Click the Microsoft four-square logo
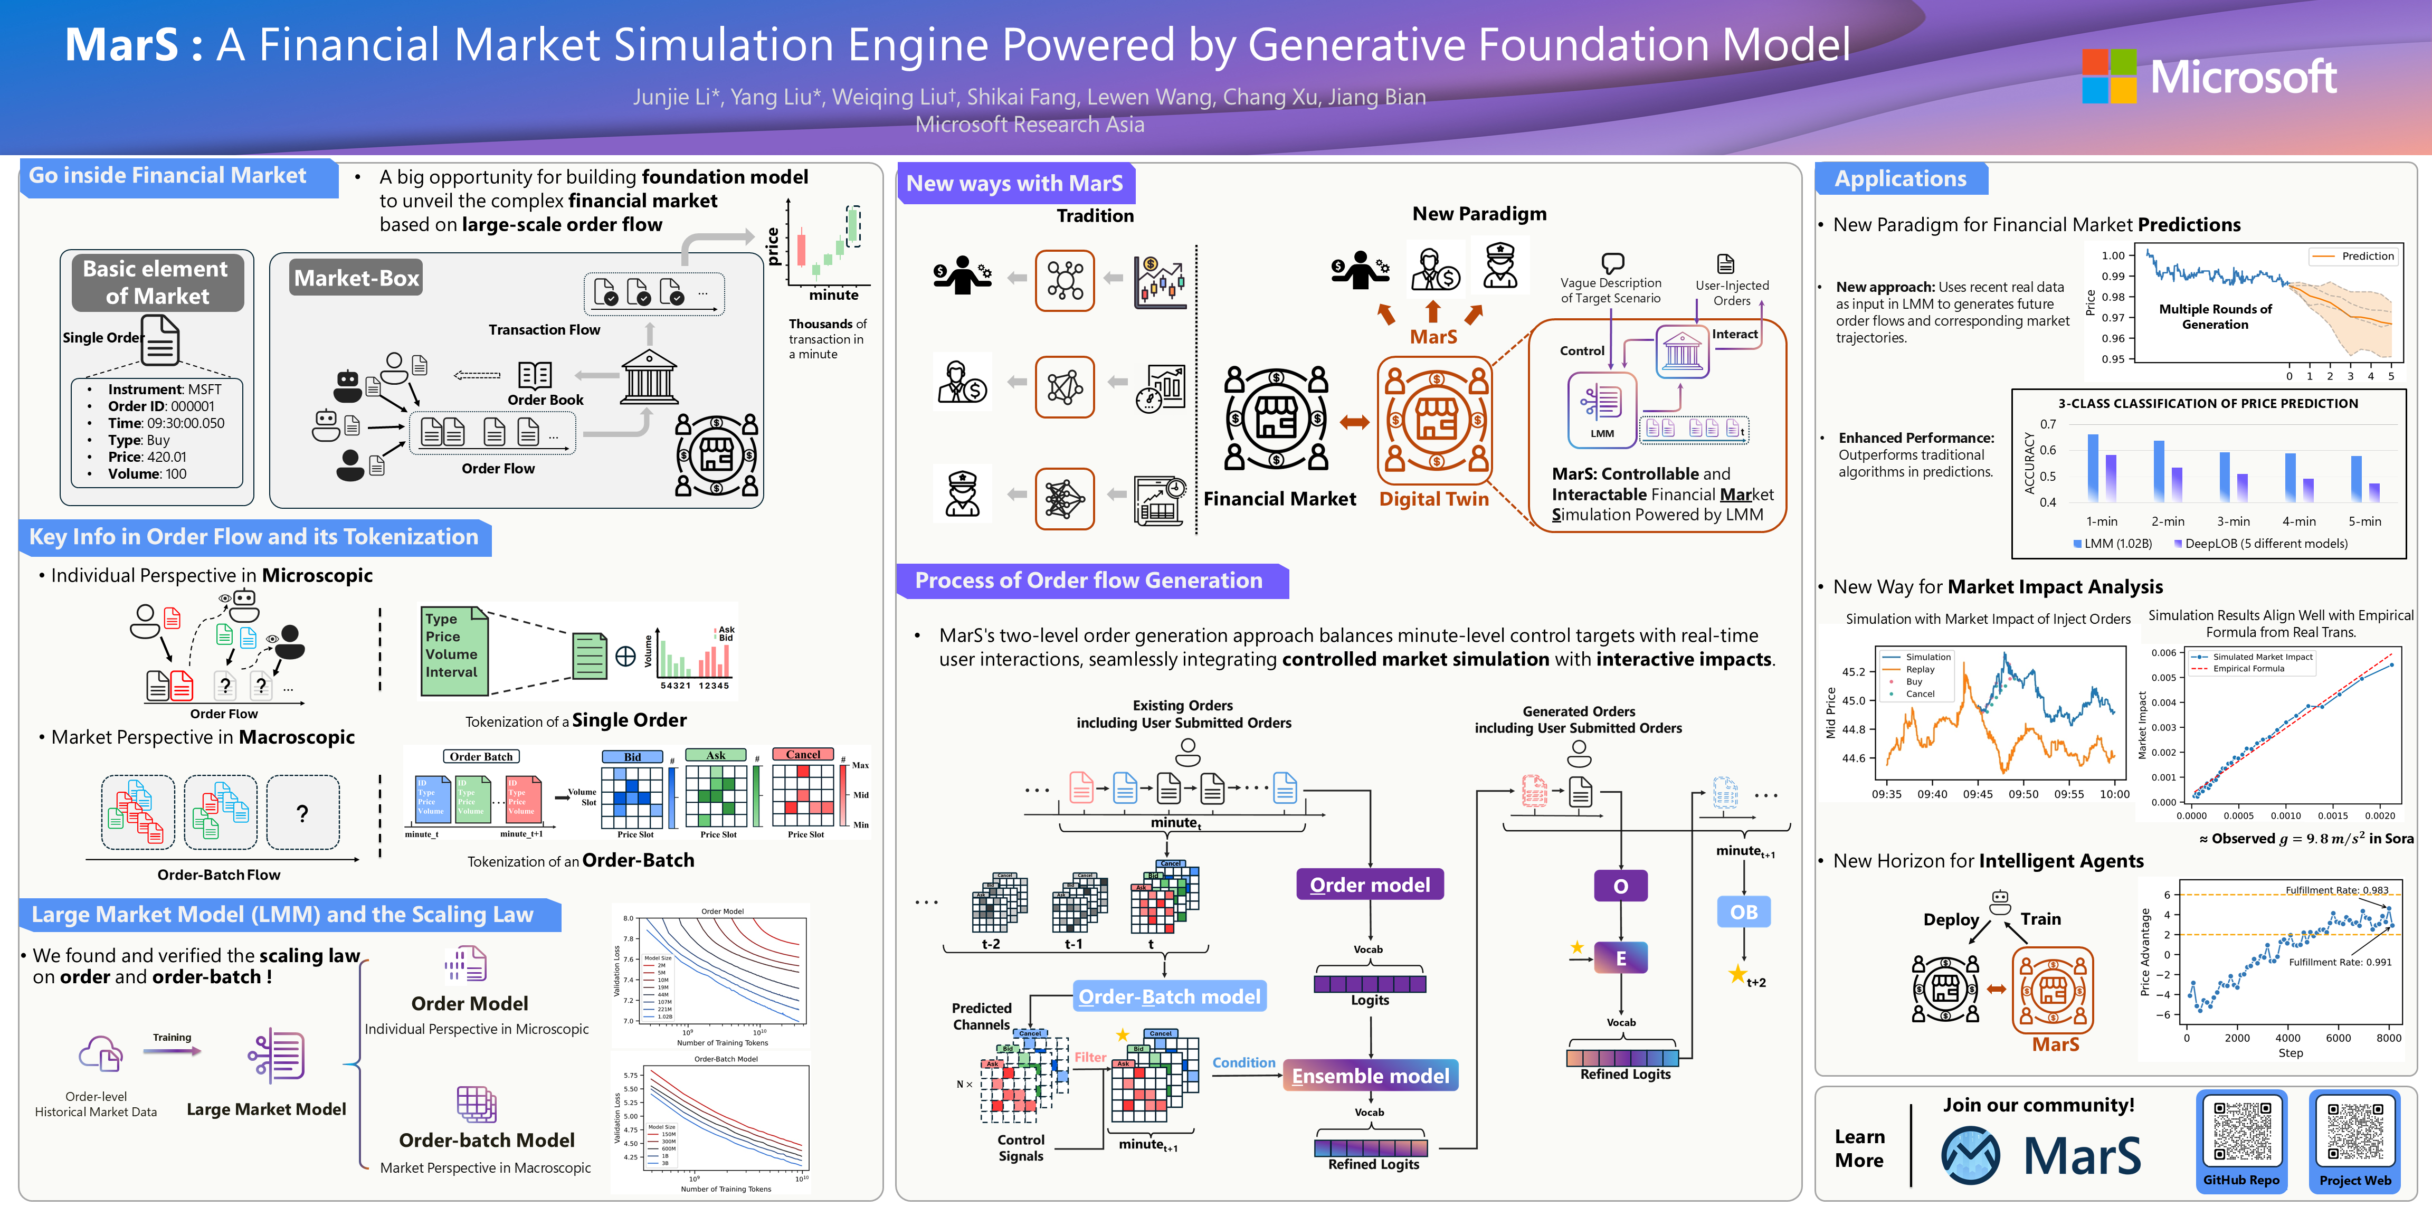pos(2109,75)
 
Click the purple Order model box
pos(1370,885)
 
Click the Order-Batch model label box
pos(1169,996)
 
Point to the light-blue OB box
pos(1744,912)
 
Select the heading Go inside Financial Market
pos(168,176)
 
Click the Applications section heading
pos(1901,178)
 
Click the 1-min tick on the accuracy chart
pos(2102,521)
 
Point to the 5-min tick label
pos(2364,521)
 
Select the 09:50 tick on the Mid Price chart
pos(2023,794)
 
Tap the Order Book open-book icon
pos(535,375)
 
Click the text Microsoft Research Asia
pos(1029,125)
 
